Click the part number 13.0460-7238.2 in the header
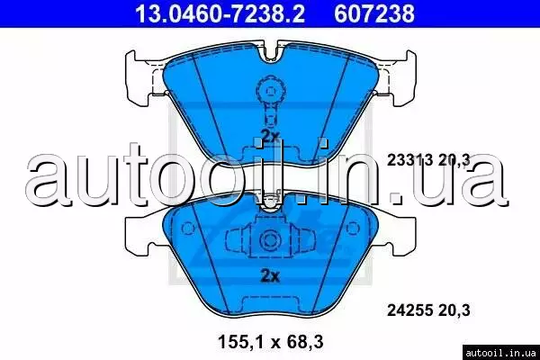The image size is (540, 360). (220, 13)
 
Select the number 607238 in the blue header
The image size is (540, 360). (374, 13)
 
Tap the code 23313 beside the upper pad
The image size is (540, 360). (409, 160)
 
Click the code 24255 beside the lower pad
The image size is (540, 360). (409, 310)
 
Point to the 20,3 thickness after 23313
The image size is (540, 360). (454, 160)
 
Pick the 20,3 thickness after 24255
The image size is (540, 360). (454, 310)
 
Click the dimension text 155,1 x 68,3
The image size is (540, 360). (271, 342)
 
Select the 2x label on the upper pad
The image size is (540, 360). (270, 137)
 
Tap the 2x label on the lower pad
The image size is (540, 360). (270, 276)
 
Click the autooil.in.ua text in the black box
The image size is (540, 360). (500, 353)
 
